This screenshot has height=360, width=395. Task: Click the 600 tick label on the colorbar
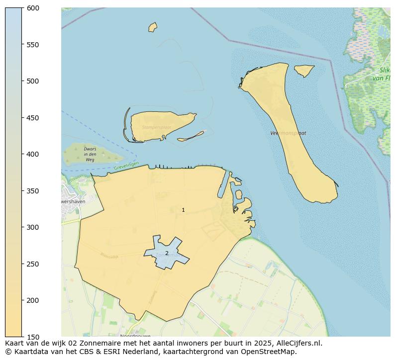point(33,8)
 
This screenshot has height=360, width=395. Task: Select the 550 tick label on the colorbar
point(33,45)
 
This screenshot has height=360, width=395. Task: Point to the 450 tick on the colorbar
point(33,118)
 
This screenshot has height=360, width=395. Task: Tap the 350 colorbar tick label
point(33,191)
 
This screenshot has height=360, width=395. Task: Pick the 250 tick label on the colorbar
point(33,264)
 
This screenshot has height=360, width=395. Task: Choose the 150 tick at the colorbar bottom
point(33,337)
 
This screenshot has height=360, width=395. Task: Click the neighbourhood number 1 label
point(183,210)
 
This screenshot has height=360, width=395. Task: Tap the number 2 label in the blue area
point(167,254)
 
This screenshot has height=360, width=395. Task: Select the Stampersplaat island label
point(156,127)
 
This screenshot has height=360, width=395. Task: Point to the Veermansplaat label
point(288,133)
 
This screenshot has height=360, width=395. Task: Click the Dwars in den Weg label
point(90,154)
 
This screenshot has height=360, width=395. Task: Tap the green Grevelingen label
point(126,166)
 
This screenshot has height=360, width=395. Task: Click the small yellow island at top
point(153,27)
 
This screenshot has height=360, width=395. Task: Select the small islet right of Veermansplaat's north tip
point(303,70)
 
